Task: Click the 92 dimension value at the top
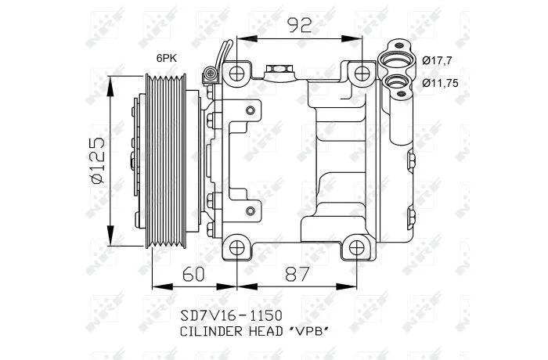click(x=299, y=25)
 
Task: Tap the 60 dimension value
click(x=193, y=274)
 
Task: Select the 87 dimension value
click(x=297, y=274)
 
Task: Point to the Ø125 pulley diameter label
click(x=97, y=160)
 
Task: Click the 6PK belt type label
click(x=166, y=59)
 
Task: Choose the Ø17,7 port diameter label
click(x=437, y=60)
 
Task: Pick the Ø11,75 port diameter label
click(x=440, y=83)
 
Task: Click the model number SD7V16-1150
click(x=231, y=315)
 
